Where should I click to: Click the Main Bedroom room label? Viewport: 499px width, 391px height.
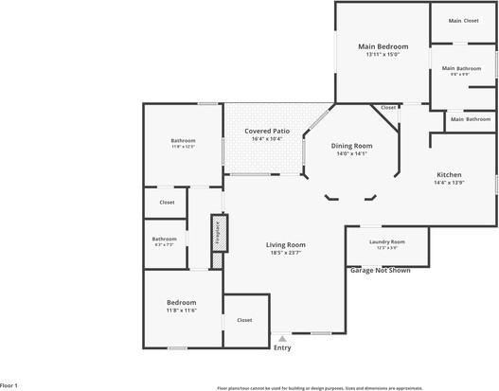click(383, 46)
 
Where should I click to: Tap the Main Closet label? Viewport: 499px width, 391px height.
click(463, 21)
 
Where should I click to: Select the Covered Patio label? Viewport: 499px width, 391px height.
click(267, 131)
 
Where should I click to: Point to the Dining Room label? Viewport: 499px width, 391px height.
click(351, 146)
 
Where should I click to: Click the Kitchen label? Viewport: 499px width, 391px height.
click(448, 175)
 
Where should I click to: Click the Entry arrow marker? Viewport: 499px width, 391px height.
click(282, 338)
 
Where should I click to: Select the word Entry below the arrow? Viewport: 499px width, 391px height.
click(282, 347)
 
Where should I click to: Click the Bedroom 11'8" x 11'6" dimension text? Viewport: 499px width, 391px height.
click(181, 311)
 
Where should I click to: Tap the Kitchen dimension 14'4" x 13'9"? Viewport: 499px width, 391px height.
click(448, 183)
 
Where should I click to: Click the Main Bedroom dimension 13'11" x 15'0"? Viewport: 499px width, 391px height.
click(383, 54)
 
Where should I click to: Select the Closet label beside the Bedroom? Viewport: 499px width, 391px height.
click(244, 320)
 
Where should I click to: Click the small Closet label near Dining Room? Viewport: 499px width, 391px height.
click(388, 108)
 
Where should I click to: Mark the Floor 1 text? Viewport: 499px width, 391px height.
click(9, 385)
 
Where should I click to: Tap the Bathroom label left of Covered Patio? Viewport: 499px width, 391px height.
click(183, 141)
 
